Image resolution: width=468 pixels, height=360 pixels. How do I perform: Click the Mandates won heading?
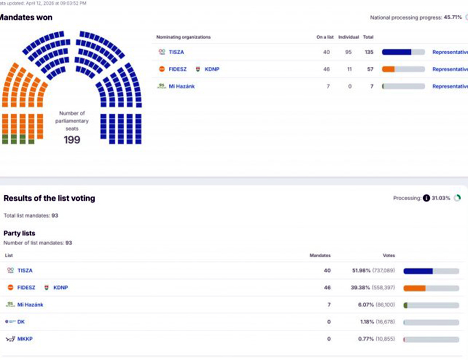pyautogui.click(x=25, y=18)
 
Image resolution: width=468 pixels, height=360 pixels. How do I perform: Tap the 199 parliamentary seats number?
pyautogui.click(x=72, y=140)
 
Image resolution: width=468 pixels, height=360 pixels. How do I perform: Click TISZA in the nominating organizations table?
pyautogui.click(x=176, y=52)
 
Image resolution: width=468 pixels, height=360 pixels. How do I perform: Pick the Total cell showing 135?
pyautogui.click(x=368, y=52)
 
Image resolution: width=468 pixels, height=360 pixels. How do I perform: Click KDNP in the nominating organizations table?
pyautogui.click(x=212, y=69)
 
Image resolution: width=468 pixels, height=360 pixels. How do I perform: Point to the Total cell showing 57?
pyautogui.click(x=370, y=69)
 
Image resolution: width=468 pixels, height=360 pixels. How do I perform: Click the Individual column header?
pyautogui.click(x=348, y=37)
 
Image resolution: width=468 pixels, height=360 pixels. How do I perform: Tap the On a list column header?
pyautogui.click(x=325, y=37)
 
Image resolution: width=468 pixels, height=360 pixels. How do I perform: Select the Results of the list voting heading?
pyautogui.click(x=49, y=199)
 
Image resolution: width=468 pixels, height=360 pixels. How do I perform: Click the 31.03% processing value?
pyautogui.click(x=441, y=198)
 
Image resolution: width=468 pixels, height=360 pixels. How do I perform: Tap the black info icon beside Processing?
pyautogui.click(x=426, y=198)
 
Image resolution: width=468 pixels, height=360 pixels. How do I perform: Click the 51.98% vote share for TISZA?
pyautogui.click(x=361, y=270)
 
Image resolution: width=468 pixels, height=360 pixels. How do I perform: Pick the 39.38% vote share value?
pyautogui.click(x=361, y=287)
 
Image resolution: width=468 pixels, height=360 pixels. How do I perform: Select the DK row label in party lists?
pyautogui.click(x=21, y=322)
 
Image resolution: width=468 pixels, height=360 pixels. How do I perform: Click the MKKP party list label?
pyautogui.click(x=25, y=339)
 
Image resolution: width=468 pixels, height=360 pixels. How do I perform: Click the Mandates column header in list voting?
pyautogui.click(x=320, y=256)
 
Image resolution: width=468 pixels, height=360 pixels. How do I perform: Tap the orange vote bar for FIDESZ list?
pyautogui.click(x=414, y=288)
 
